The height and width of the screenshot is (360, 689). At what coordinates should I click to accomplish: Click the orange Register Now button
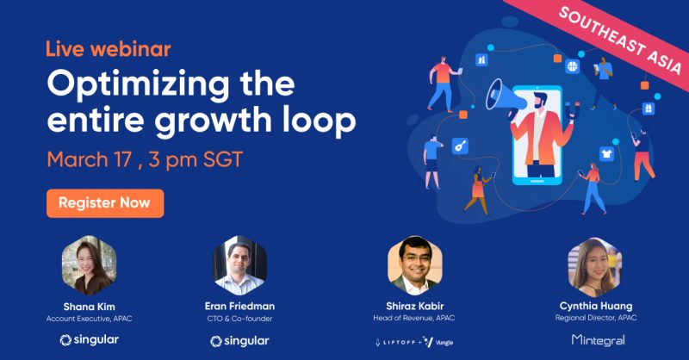(x=105, y=203)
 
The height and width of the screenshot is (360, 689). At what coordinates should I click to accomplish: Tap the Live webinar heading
(x=109, y=49)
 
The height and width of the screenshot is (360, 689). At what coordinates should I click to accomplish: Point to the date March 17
(x=90, y=159)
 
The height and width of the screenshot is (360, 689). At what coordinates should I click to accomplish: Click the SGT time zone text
(x=223, y=159)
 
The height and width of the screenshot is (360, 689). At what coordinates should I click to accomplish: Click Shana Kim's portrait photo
(x=90, y=265)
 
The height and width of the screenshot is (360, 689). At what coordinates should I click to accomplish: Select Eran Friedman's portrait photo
(x=240, y=265)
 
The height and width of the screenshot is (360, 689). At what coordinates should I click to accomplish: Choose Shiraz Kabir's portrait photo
(x=415, y=265)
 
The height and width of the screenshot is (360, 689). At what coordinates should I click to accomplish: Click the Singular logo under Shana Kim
(x=90, y=340)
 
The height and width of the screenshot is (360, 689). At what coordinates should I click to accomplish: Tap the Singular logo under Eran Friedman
(x=239, y=341)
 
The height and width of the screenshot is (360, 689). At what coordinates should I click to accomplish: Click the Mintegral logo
(x=598, y=340)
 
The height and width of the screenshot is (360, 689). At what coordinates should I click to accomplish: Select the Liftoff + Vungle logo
(x=414, y=342)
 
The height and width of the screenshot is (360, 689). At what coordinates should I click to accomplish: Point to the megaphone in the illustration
(x=505, y=96)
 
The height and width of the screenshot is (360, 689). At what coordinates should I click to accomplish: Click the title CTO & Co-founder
(x=240, y=319)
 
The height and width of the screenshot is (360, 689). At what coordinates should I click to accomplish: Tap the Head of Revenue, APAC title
(x=414, y=318)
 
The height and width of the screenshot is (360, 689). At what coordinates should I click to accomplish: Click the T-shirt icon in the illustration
(x=607, y=154)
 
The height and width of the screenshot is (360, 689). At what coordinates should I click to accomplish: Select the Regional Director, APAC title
(x=596, y=317)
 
